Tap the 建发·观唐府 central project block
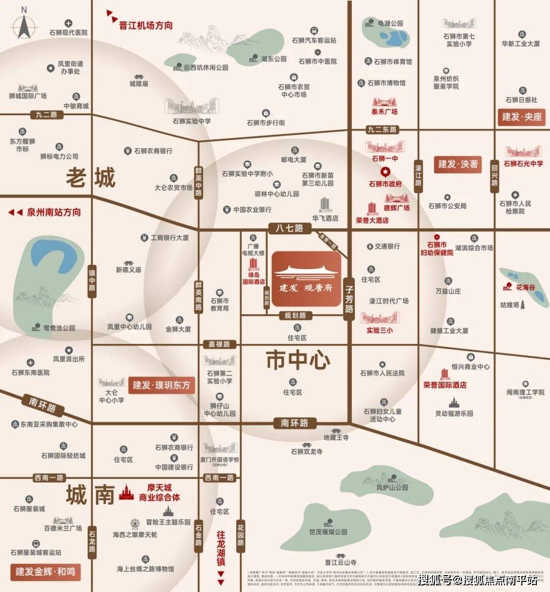[x=306, y=279]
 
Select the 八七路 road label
[x=289, y=228]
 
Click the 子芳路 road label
[x=349, y=299]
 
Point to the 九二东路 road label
[x=382, y=129]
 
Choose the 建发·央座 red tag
[x=521, y=117]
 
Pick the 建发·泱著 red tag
[x=458, y=164]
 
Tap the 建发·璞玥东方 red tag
[x=161, y=385]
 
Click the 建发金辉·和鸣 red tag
[x=45, y=571]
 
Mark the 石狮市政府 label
[x=385, y=184]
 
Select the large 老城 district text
[x=91, y=178]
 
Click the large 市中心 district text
[x=298, y=361]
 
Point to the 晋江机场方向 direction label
[x=146, y=25]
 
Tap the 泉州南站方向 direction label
[x=53, y=212]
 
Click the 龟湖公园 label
[x=390, y=23]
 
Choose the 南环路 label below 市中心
[x=294, y=423]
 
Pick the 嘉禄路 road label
[x=219, y=344]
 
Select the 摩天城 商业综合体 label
[x=159, y=492]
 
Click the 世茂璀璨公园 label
[x=328, y=532]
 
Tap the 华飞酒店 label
[x=325, y=218]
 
